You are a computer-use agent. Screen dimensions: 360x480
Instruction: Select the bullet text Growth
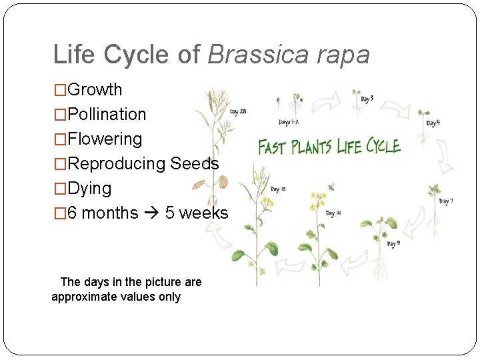[x=95, y=89]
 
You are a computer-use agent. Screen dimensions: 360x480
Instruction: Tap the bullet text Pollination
[x=107, y=114]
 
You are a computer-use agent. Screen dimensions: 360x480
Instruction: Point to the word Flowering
[x=105, y=139]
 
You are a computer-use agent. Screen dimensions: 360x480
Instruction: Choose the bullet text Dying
[x=89, y=188]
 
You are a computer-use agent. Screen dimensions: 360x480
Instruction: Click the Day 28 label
[x=238, y=112]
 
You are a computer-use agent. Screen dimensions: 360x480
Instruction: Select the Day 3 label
[x=367, y=99]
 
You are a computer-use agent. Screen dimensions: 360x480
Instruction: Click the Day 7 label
[x=446, y=201]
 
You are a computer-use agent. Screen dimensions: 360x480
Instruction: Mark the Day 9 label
[x=393, y=244]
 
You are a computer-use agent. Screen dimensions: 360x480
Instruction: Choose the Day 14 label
[x=334, y=214]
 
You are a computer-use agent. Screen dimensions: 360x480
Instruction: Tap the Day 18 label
[x=278, y=189]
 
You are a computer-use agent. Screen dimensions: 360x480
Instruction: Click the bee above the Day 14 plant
[x=331, y=187]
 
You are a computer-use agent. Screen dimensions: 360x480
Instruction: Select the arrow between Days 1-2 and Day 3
[x=327, y=102]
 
